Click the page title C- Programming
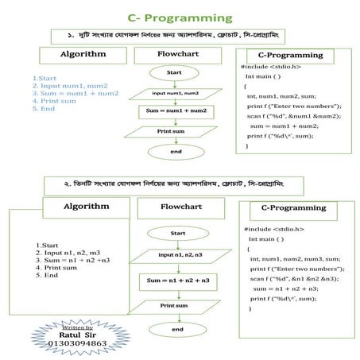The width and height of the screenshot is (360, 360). [180, 17]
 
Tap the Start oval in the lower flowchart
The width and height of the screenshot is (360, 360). [177, 233]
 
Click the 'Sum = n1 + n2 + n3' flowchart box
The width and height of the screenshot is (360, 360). [178, 281]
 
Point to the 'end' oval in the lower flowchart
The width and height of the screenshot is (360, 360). [177, 329]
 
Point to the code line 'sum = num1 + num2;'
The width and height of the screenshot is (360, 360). [284, 126]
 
